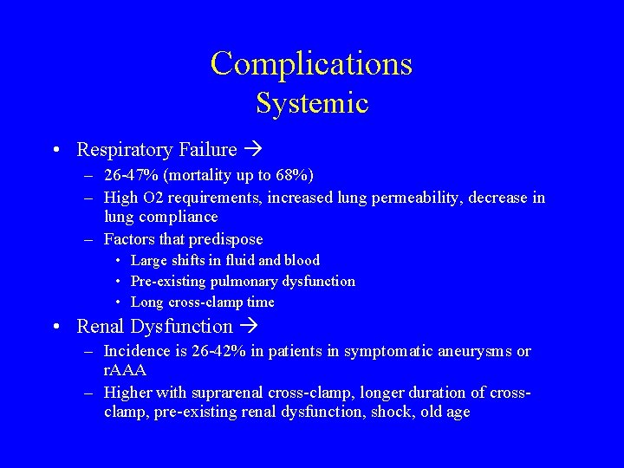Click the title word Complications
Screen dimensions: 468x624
pyautogui.click(x=311, y=64)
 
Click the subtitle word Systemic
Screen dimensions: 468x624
pyautogui.click(x=312, y=103)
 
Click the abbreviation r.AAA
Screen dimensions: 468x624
pyautogui.click(x=125, y=370)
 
